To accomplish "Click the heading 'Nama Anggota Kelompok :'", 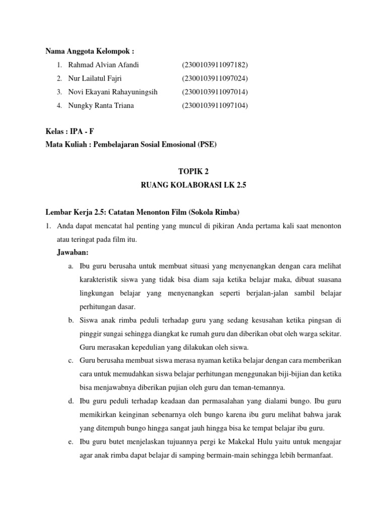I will tap(90, 51).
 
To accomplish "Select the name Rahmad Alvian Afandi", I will tap(103, 65).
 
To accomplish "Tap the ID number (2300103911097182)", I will tap(215, 65).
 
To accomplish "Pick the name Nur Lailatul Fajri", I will tap(95, 79).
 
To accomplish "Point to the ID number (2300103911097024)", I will tap(215, 79).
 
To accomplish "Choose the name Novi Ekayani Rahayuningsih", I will tap(113, 92).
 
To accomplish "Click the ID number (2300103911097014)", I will tap(215, 92).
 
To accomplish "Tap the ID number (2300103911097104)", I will tap(215, 105).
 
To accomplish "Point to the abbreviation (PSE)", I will tap(207, 145).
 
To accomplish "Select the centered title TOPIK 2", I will tap(193, 172).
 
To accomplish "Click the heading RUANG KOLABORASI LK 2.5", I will tap(193, 185).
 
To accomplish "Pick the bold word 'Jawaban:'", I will tap(73, 252).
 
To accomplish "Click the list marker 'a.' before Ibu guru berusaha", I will tap(71, 266).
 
